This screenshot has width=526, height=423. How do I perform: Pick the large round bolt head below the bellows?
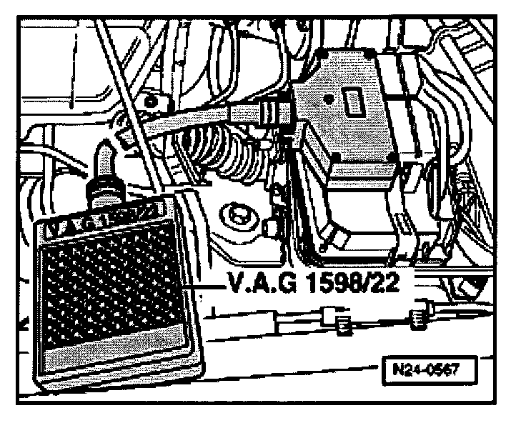click(x=235, y=215)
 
